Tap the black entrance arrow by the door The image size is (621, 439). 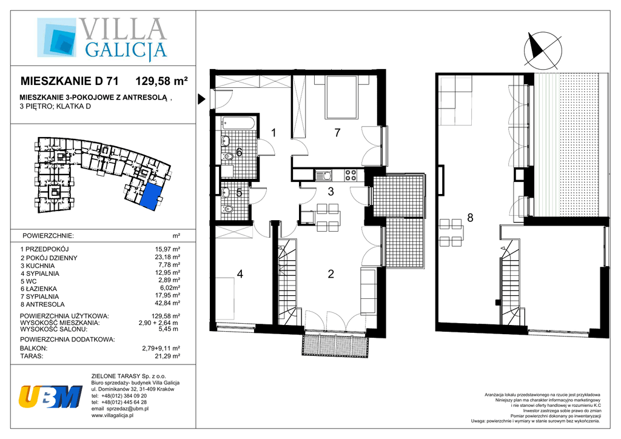[x=201, y=99]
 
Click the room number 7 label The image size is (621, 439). [x=337, y=133]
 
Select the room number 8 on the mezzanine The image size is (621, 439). [x=470, y=217]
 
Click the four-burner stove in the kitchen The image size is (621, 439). [x=351, y=175]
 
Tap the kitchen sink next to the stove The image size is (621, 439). [x=325, y=175]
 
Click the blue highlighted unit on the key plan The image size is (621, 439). [x=152, y=196]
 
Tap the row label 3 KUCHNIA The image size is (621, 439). [x=38, y=266]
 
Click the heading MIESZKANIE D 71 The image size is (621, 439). [x=69, y=81]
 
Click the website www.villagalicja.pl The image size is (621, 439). [x=112, y=415]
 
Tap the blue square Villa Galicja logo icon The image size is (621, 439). [x=56, y=37]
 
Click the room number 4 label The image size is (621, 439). [x=240, y=273]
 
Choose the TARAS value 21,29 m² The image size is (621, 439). [x=167, y=356]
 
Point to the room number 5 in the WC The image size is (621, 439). [x=239, y=193]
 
